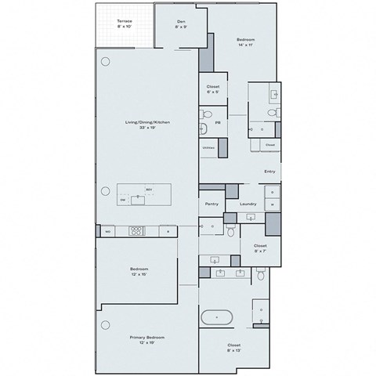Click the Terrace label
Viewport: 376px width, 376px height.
click(x=125, y=23)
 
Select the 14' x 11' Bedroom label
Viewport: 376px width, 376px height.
click(x=245, y=42)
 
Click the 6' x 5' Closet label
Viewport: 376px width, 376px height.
click(x=212, y=89)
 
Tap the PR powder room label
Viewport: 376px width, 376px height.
click(x=217, y=122)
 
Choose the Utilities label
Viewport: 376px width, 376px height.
click(x=208, y=146)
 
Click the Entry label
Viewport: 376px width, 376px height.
click(x=269, y=171)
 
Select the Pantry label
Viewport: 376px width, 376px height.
click(x=211, y=204)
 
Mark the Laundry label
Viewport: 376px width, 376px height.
click(x=248, y=204)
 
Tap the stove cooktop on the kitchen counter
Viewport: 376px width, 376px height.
click(x=137, y=230)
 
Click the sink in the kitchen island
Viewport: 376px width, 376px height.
click(x=138, y=199)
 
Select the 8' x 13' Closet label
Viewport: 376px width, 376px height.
click(x=233, y=347)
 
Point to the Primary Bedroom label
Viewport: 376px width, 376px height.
click(x=147, y=340)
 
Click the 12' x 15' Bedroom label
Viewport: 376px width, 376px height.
click(x=139, y=273)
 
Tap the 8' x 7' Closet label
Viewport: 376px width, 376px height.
click(x=260, y=248)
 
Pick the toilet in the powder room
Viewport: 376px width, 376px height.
click(x=203, y=128)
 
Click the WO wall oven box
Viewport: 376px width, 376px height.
click(x=107, y=230)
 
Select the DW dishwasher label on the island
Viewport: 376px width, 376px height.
click(x=123, y=200)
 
